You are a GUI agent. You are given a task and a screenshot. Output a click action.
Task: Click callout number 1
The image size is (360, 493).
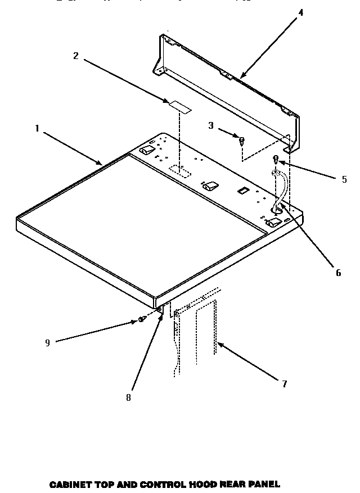[37, 128]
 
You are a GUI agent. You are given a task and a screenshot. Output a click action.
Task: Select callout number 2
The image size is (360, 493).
[76, 55]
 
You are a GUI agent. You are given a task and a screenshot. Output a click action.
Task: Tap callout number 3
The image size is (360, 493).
[211, 125]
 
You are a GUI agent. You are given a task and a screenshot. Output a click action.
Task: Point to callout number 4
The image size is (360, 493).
[300, 12]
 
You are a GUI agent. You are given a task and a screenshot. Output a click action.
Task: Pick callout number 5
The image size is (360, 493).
[344, 180]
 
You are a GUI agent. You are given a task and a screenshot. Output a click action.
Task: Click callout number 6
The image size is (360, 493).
[338, 273]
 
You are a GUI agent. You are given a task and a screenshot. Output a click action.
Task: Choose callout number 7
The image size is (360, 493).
[285, 384]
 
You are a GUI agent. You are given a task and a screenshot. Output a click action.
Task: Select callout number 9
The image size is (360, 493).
[47, 343]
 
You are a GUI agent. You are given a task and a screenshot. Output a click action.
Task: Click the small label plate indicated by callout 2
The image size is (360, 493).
[178, 105]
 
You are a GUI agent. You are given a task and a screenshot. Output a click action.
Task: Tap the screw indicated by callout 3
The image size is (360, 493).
[242, 141]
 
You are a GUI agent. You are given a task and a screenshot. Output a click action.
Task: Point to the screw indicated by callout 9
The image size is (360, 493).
[141, 320]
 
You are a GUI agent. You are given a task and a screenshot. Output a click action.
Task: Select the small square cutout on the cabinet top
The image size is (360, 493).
[242, 191]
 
